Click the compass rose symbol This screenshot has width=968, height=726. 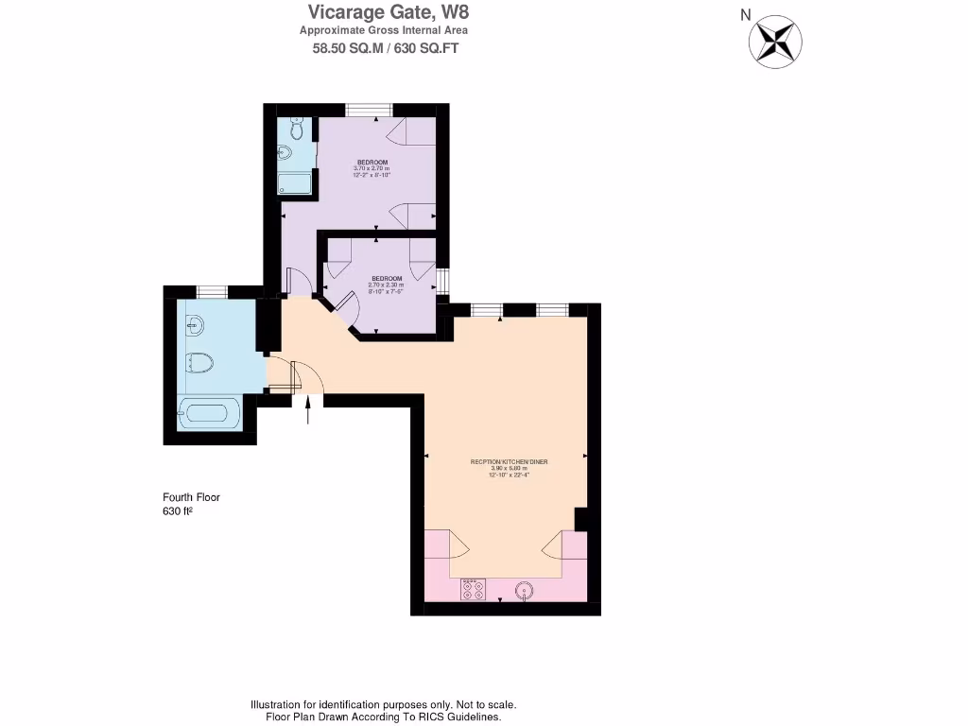tap(775, 41)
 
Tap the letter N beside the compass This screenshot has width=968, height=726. tap(745, 14)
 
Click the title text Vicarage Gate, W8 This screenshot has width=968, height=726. tap(388, 12)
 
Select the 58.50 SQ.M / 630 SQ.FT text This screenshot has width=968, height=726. tap(386, 48)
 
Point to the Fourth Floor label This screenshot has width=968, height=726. tap(191, 497)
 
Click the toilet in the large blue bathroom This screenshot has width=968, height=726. tap(198, 363)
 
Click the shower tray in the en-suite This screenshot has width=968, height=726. tap(295, 183)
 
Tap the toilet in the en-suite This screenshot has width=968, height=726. tap(295, 128)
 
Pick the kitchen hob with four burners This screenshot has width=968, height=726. tap(473, 591)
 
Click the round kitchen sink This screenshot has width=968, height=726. tap(525, 591)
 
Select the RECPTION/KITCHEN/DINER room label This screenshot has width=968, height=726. tap(510, 462)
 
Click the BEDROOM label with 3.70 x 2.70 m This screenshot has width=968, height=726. tap(372, 162)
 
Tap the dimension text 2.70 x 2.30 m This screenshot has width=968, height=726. tap(386, 285)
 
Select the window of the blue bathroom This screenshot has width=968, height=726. tap(212, 290)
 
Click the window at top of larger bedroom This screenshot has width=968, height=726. tap(369, 110)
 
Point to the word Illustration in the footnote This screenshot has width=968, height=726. tap(275, 705)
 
